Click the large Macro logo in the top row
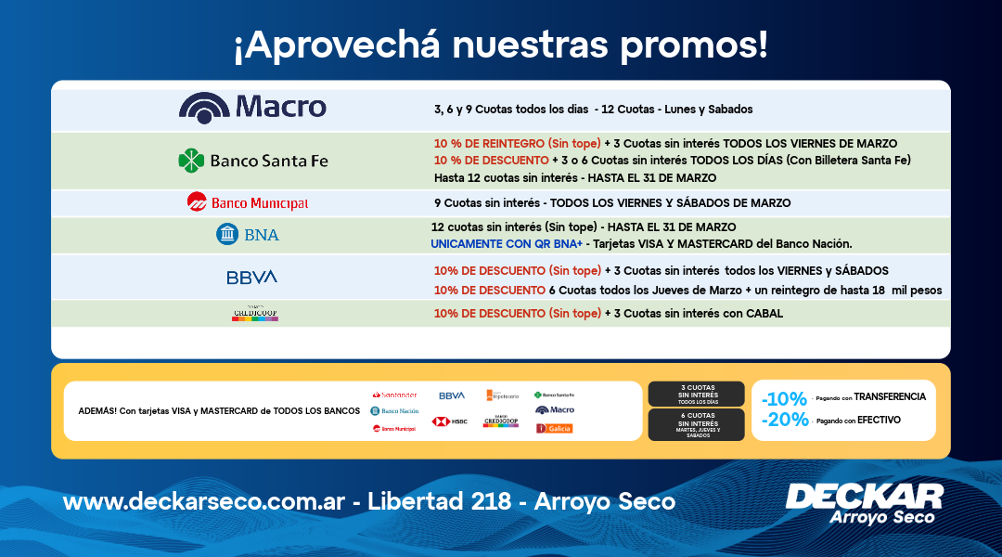pyautogui.click(x=252, y=108)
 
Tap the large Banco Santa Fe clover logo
pyautogui.click(x=252, y=161)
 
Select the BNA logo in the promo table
pyautogui.click(x=247, y=235)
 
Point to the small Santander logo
pyautogui.click(x=394, y=395)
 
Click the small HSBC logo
pyautogui.click(x=449, y=421)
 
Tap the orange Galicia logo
pyautogui.click(x=555, y=428)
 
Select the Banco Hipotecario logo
pyautogui.click(x=502, y=395)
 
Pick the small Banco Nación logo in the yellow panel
pyautogui.click(x=394, y=410)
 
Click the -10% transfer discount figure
pyautogui.click(x=784, y=399)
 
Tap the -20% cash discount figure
pyautogui.click(x=784, y=420)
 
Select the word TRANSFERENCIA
pyautogui.click(x=890, y=396)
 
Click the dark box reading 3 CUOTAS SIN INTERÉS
pyautogui.click(x=696, y=394)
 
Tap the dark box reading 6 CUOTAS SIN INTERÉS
pyautogui.click(x=696, y=423)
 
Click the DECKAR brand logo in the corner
pyautogui.click(x=864, y=502)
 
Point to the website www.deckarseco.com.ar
pyautogui.click(x=204, y=502)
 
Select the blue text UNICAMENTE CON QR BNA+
pyautogui.click(x=507, y=244)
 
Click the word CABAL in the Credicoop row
pyautogui.click(x=764, y=314)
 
